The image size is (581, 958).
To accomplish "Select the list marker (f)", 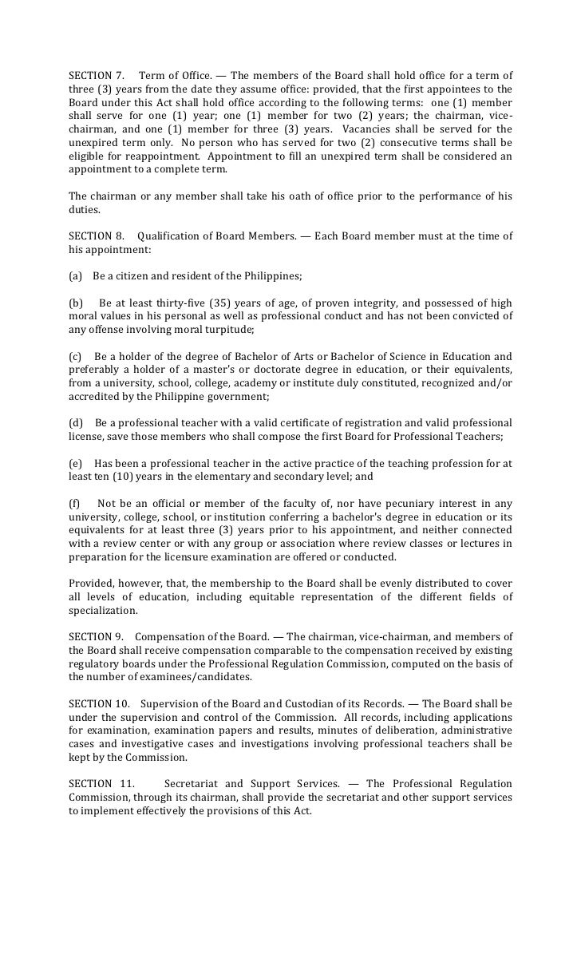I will coord(76,503).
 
